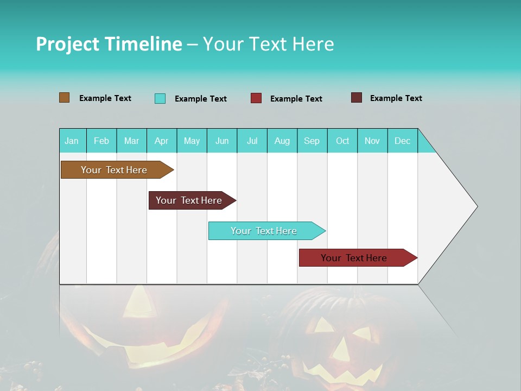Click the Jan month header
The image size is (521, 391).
click(x=72, y=141)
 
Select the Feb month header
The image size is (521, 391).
click(x=101, y=141)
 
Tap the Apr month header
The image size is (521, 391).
click(x=162, y=141)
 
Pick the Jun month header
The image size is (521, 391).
click(x=222, y=141)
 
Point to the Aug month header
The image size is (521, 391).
click(x=282, y=141)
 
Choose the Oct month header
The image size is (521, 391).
click(x=342, y=141)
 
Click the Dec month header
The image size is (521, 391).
click(x=403, y=141)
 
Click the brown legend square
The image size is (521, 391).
click(x=65, y=98)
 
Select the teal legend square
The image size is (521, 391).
click(x=160, y=98)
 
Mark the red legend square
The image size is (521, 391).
click(x=256, y=98)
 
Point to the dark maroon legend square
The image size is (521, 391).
click(x=357, y=98)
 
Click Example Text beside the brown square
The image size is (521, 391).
click(x=105, y=98)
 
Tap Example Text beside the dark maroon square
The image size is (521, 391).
click(x=396, y=98)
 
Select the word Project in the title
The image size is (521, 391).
click(x=68, y=44)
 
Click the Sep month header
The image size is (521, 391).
click(x=312, y=141)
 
